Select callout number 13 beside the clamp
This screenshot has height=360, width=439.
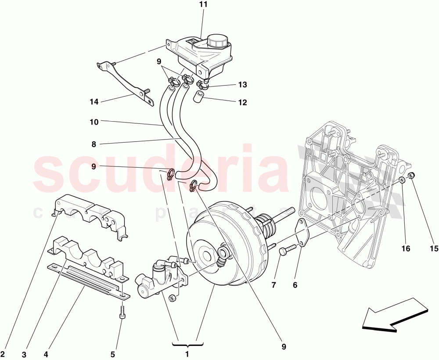tap(243, 84)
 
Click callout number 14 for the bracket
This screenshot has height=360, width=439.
tap(94, 102)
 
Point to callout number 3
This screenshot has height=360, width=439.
tap(25, 354)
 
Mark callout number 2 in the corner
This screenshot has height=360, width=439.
tap(3, 354)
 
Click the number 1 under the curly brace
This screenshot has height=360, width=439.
tap(187, 354)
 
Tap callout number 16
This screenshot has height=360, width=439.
tap(405, 249)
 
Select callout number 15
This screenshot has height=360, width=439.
tap(434, 249)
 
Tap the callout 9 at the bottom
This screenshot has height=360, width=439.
tap(284, 347)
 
